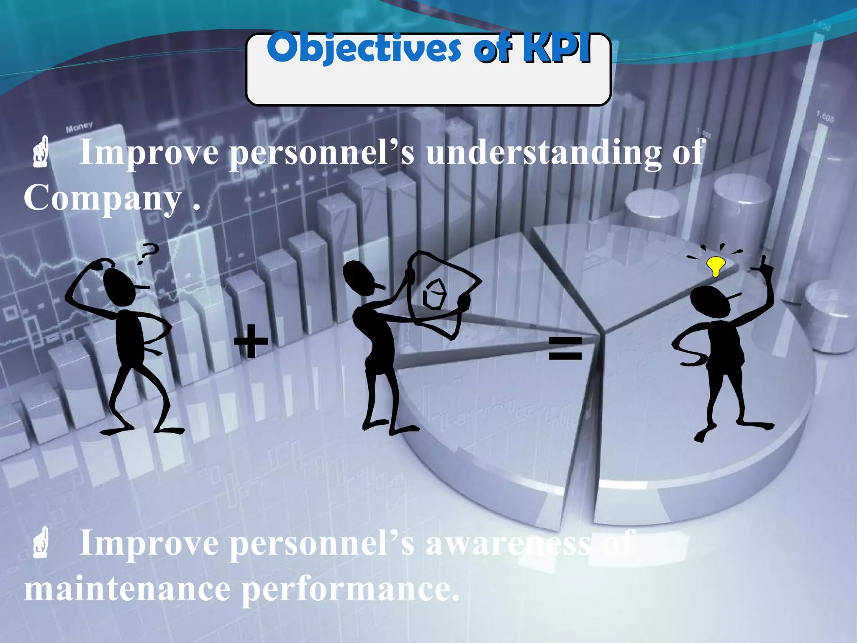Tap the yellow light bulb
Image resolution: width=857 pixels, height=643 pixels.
coord(716,265)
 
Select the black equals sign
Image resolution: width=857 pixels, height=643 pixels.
coord(565,349)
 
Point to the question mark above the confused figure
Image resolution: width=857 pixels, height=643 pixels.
coord(149,254)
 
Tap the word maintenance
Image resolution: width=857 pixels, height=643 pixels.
coord(127,589)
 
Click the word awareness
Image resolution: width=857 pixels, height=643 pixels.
coord(508,543)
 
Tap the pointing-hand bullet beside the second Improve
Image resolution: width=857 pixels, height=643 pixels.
coord(41,543)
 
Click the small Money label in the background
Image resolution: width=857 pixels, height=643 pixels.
coord(79,127)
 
